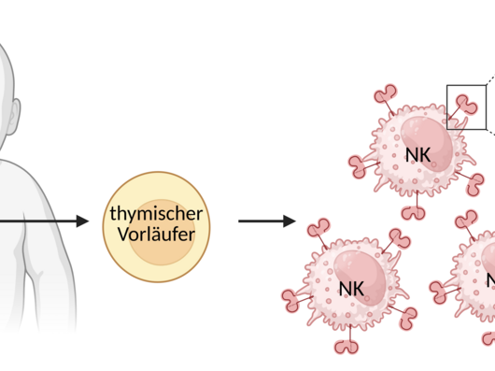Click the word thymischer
tap(156, 215)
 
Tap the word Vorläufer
tap(156, 234)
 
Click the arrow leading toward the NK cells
tap(266, 222)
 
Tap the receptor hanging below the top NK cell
tap(412, 210)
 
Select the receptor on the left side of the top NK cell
tap(358, 166)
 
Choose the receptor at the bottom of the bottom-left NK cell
tap(347, 348)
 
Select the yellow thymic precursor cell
tap(156, 225)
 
